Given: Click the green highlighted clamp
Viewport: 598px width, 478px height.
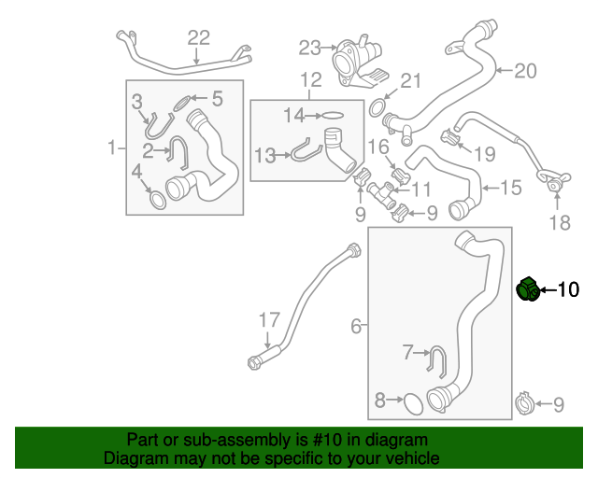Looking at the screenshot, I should (x=528, y=290).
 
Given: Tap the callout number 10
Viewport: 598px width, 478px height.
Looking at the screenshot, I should (x=568, y=290).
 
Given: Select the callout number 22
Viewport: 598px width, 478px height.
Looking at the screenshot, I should (x=199, y=37).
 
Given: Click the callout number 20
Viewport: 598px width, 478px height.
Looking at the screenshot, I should (x=527, y=70).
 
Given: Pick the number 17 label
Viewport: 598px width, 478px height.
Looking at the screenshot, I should (x=268, y=320).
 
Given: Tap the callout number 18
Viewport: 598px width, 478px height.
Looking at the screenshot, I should (x=558, y=222).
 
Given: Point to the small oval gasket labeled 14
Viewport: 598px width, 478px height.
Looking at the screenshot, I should (x=332, y=116).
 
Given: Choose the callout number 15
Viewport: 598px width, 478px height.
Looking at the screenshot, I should (x=510, y=189).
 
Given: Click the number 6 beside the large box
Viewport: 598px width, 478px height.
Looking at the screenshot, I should (x=355, y=326).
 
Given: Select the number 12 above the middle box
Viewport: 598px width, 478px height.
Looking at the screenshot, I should (x=310, y=79).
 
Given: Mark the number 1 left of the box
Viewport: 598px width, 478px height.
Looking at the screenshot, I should (x=111, y=148).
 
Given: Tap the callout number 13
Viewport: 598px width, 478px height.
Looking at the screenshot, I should (x=265, y=154).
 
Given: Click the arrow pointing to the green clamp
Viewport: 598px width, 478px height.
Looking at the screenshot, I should (x=548, y=290).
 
